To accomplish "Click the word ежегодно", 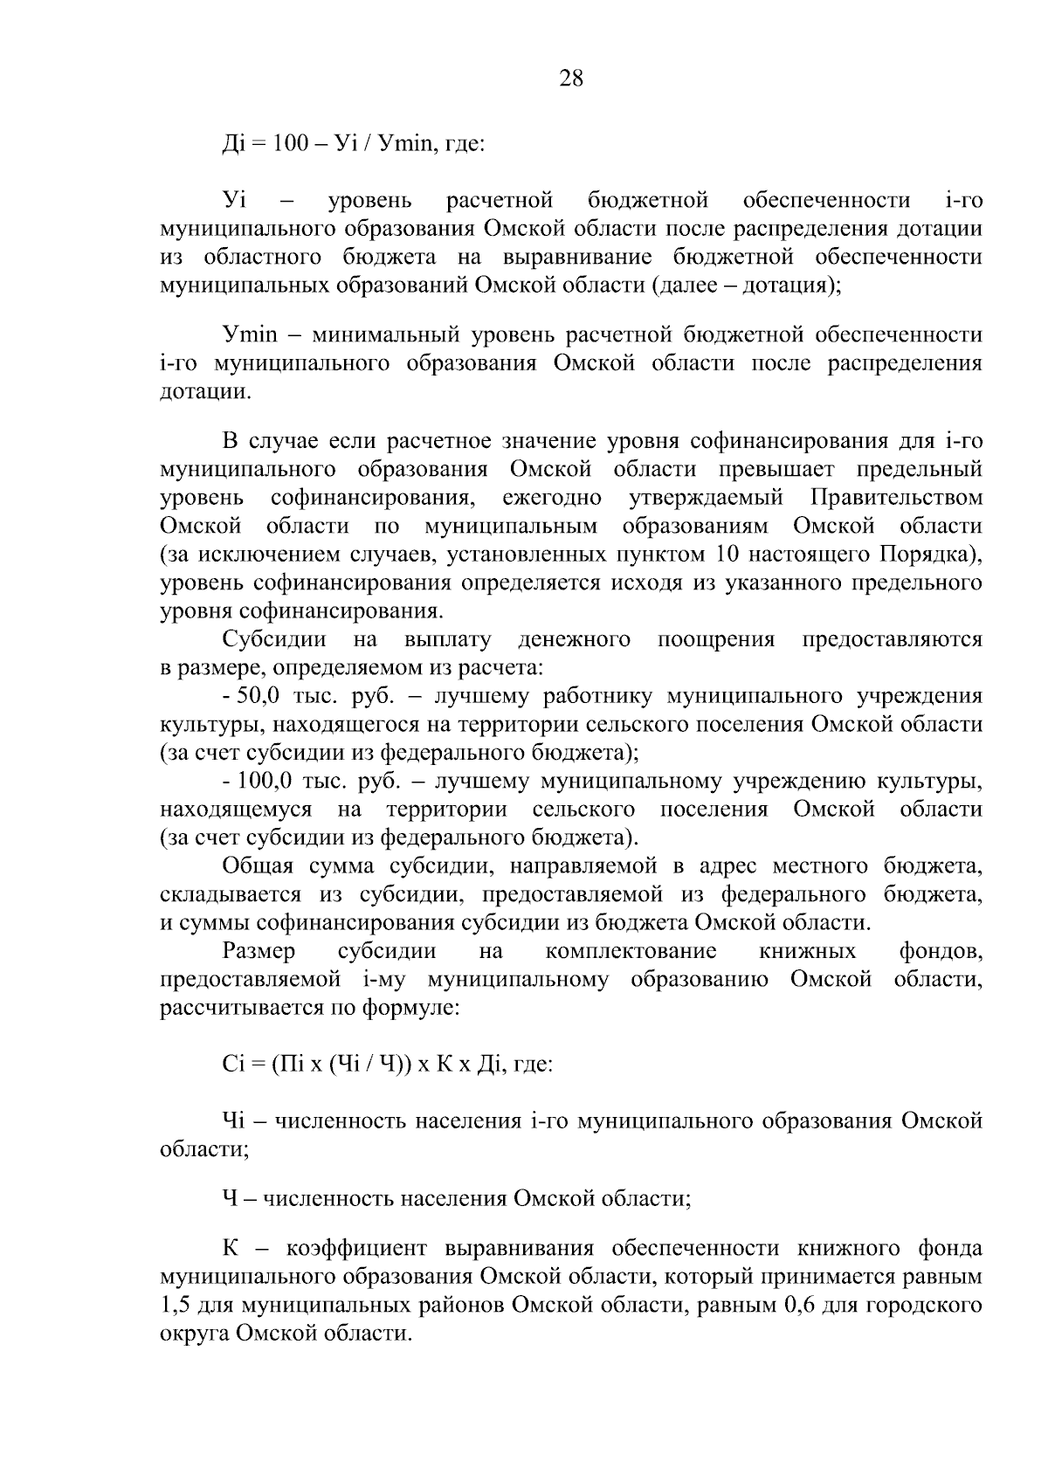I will (552, 499).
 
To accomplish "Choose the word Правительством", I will (896, 499).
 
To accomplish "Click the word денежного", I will (574, 640).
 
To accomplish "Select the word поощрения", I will (715, 640).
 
